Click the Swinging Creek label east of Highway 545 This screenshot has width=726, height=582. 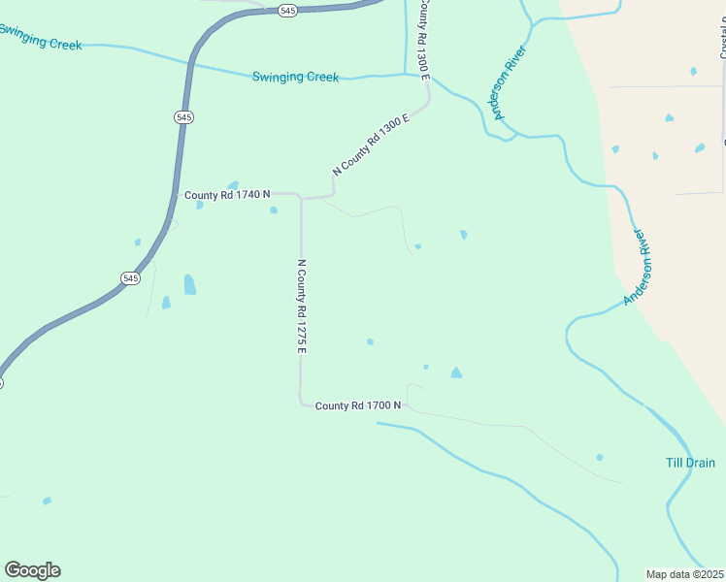coord(295,77)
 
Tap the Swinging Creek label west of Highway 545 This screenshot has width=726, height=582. coord(39,37)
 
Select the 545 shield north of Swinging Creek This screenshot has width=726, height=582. coord(286,10)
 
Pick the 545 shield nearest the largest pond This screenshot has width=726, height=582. coord(131,278)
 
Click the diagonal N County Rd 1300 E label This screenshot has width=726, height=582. coord(372,144)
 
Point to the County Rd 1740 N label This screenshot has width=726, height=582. coord(227,196)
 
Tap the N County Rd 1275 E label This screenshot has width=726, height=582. coord(302,306)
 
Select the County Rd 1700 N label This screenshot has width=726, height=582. coord(358,404)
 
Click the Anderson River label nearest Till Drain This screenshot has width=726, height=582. coord(641,268)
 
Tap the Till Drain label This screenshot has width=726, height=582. coord(690,463)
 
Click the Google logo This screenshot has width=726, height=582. coord(32,570)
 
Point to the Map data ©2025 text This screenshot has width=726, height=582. coord(685,574)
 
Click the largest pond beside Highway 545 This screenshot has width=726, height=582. coord(189,284)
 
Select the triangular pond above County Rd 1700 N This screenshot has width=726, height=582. coord(455,372)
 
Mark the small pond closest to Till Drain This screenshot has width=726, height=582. coord(599,457)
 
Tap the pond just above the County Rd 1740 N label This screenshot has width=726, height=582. coord(233,184)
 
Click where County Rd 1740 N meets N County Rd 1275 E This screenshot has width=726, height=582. coord(301,198)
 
